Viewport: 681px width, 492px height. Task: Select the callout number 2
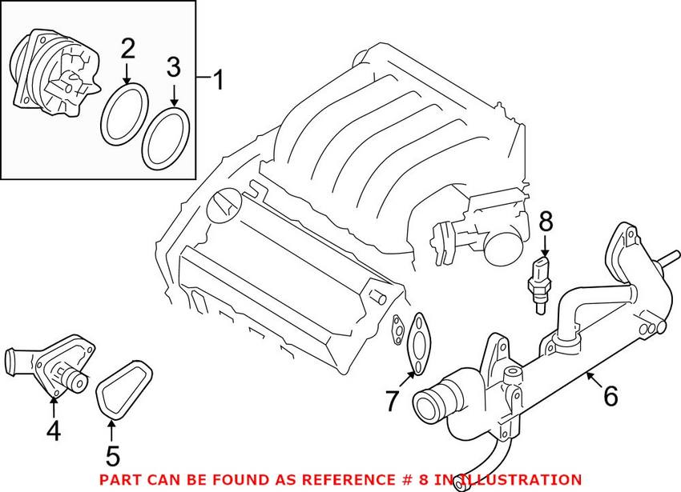pos(127,50)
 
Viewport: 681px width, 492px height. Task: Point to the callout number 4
pos(53,431)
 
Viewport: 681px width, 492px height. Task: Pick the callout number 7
pos(392,400)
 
